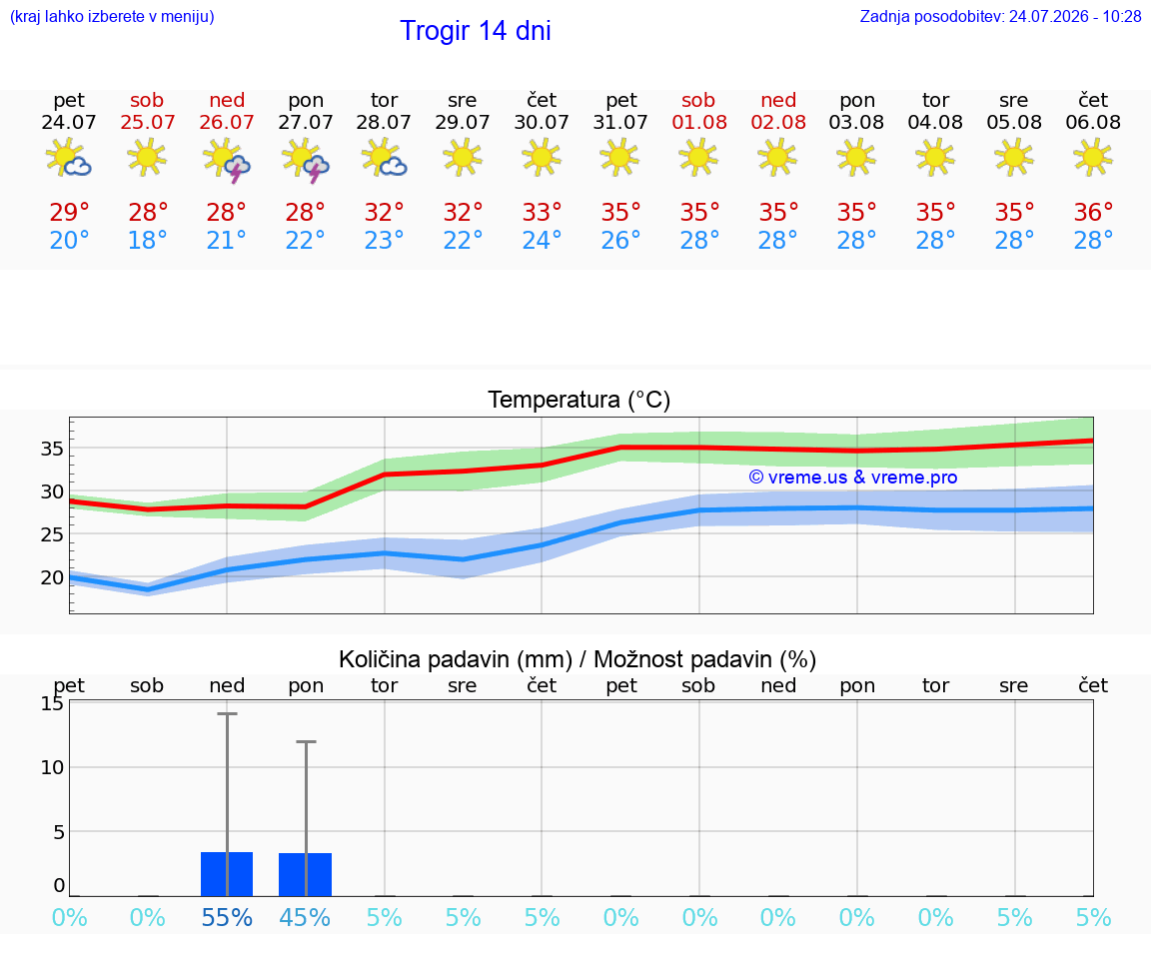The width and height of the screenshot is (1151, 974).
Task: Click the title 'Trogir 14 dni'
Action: tap(475, 31)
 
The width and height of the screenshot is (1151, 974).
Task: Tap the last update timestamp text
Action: tap(1000, 16)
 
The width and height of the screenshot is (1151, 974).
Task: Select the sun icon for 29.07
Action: tap(463, 157)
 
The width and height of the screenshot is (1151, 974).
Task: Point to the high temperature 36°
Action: tap(1093, 212)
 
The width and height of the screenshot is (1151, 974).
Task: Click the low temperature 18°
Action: tap(148, 240)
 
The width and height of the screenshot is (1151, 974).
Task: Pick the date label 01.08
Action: tap(699, 122)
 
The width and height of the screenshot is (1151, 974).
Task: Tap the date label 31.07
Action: tap(620, 122)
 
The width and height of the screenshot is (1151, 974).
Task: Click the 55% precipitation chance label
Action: tap(227, 917)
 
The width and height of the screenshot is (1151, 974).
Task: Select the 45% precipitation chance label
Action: tap(306, 917)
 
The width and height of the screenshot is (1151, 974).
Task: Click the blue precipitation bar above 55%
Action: tap(227, 874)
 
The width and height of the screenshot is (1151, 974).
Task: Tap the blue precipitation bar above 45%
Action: tap(306, 875)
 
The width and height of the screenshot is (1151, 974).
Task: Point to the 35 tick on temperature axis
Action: tap(52, 449)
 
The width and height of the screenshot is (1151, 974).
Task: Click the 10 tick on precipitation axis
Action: tap(52, 768)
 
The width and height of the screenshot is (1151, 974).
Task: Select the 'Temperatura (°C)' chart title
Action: tap(579, 400)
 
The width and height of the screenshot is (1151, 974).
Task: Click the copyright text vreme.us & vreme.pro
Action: tap(853, 478)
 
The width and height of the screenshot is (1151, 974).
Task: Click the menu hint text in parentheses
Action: tap(112, 17)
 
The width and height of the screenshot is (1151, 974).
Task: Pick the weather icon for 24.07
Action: tap(68, 158)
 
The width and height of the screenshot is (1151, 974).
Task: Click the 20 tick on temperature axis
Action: tap(52, 577)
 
